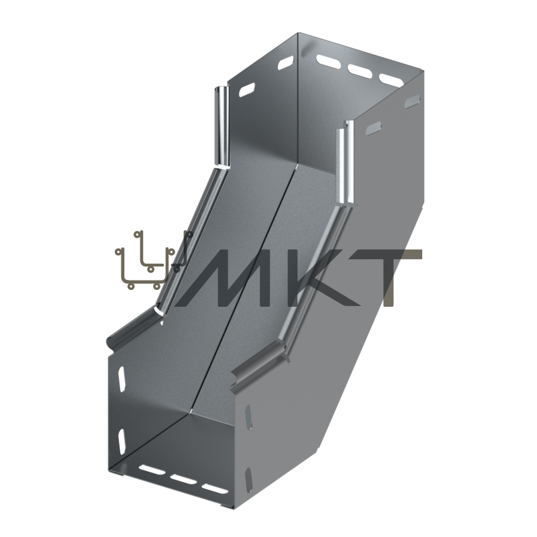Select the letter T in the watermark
coord(395,277)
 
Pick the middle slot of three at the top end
coord(360,70)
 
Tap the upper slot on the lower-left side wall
coord(121,379)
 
